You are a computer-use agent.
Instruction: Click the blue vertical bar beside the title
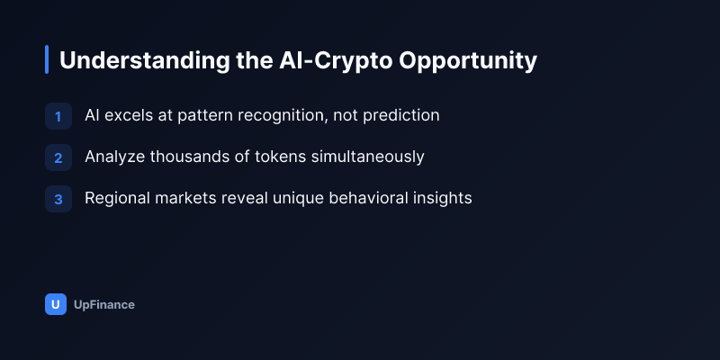pyautogui.click(x=47, y=59)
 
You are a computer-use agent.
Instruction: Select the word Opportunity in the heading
pyautogui.click(x=468, y=60)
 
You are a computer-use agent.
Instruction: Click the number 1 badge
pyautogui.click(x=58, y=116)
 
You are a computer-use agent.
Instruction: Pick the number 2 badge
pyautogui.click(x=58, y=157)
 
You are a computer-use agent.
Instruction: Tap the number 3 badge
pyautogui.click(x=58, y=199)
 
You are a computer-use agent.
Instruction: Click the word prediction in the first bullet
pyautogui.click(x=400, y=116)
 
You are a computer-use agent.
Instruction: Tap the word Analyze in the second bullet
pyautogui.click(x=115, y=157)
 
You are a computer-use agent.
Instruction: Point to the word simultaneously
pyautogui.click(x=368, y=157)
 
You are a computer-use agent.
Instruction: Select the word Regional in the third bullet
pyautogui.click(x=118, y=198)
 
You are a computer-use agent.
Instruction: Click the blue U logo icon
pyautogui.click(x=56, y=304)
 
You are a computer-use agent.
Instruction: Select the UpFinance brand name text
pyautogui.click(x=104, y=305)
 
